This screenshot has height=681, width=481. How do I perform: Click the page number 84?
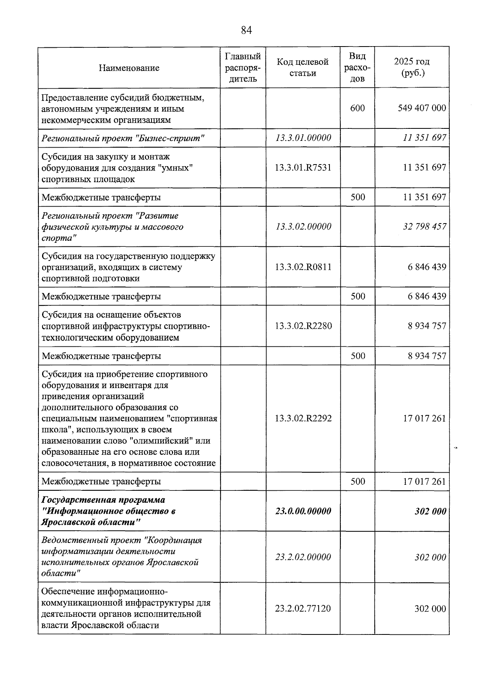[246, 30]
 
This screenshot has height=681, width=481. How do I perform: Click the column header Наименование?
[129, 68]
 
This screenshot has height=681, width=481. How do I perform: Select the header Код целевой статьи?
[303, 67]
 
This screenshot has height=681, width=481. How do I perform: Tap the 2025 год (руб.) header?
[412, 67]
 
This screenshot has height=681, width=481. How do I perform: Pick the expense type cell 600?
[358, 108]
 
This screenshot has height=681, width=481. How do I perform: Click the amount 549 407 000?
[422, 108]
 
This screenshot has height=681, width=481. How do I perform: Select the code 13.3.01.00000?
[303, 138]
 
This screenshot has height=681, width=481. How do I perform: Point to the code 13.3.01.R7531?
[303, 167]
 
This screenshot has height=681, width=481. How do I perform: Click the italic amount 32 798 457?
[424, 227]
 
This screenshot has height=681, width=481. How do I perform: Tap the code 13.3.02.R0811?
[303, 267]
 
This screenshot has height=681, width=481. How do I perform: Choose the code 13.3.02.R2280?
[303, 326]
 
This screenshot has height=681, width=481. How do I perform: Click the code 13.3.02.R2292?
[303, 419]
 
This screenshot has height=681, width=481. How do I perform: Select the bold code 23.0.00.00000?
[303, 511]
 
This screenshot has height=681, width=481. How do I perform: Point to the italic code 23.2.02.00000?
[303, 557]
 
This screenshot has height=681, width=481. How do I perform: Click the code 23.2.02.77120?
[303, 609]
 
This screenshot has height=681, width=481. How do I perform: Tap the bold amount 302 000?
[430, 512]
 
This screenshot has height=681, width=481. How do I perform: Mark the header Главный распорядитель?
[243, 67]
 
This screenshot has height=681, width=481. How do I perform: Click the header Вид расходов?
[358, 67]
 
